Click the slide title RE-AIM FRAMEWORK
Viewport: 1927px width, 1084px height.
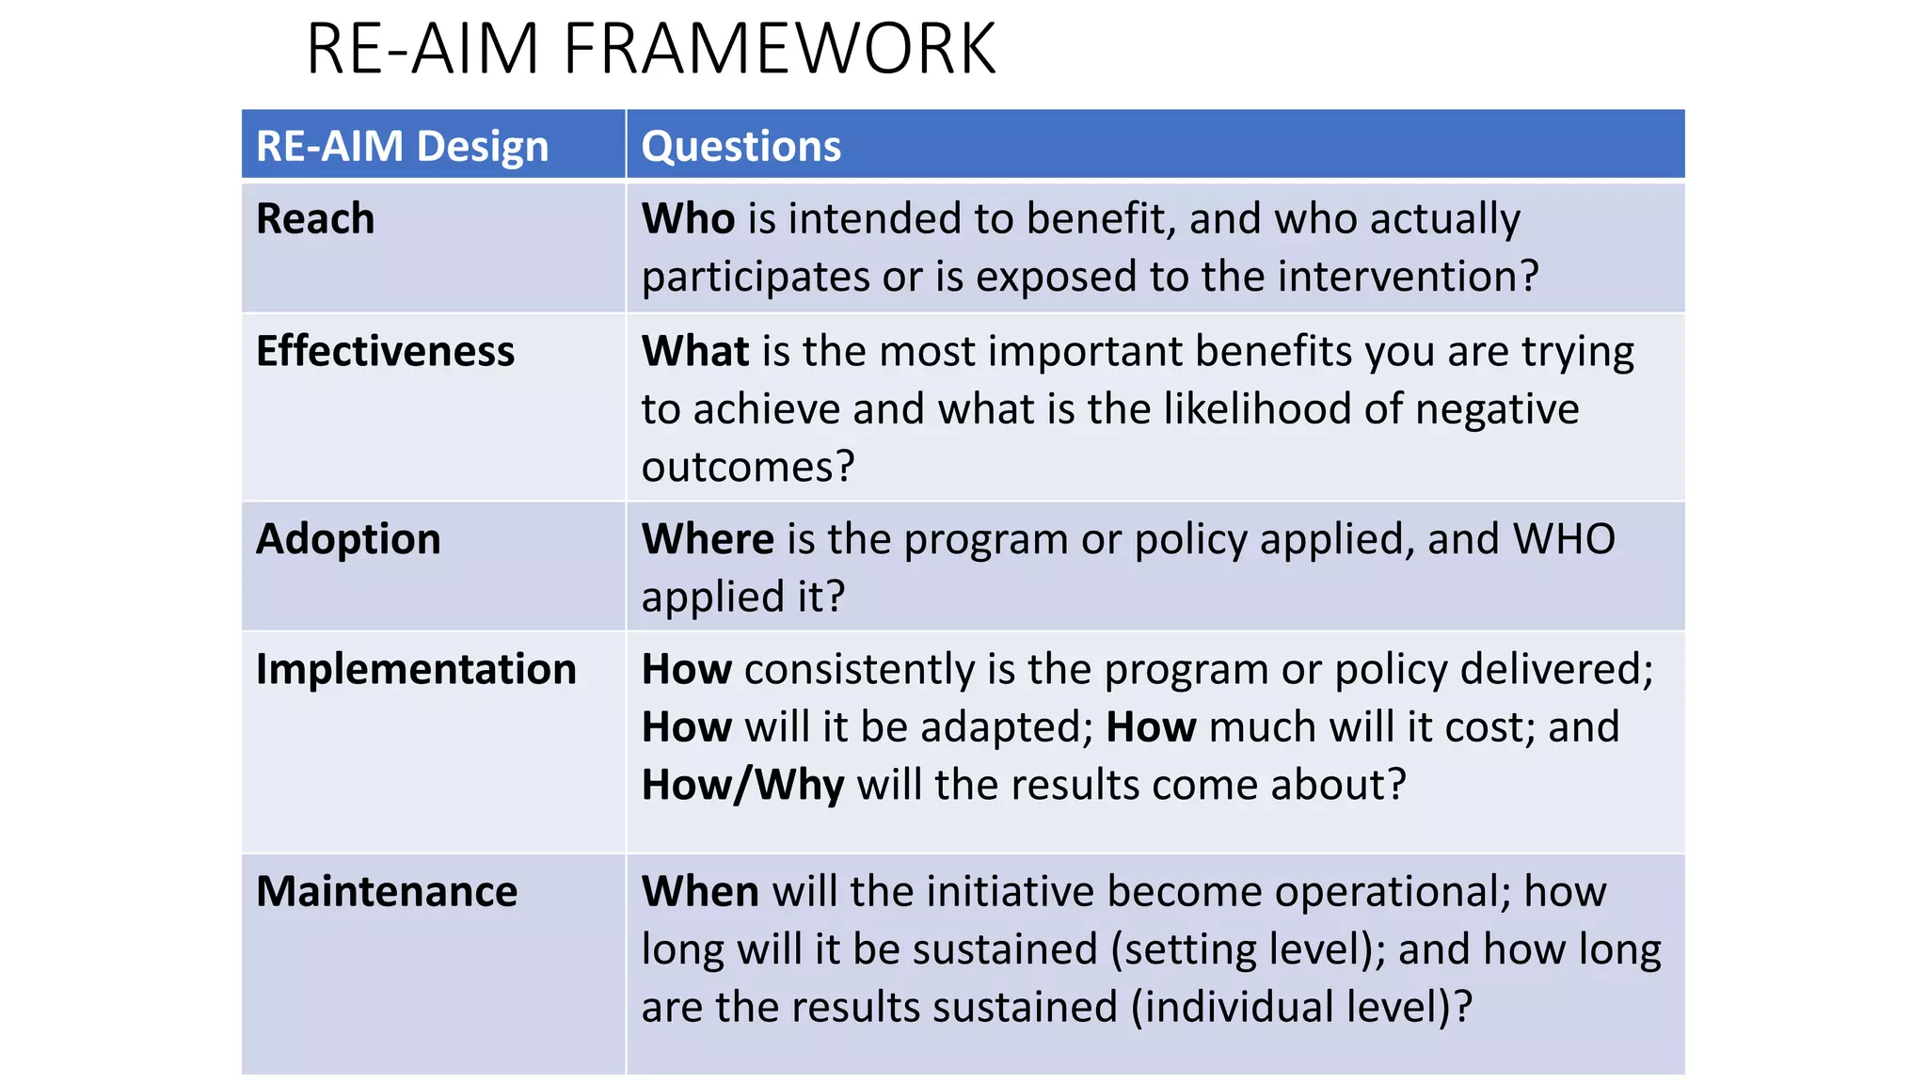pyautogui.click(x=650, y=49)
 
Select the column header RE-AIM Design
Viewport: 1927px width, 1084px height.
pyautogui.click(x=402, y=147)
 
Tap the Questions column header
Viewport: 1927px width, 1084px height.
pyautogui.click(x=741, y=147)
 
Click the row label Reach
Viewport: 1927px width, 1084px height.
pyautogui.click(x=315, y=219)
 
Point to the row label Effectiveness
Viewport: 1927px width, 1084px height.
pyautogui.click(x=385, y=351)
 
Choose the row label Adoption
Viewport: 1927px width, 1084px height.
pyautogui.click(x=348, y=539)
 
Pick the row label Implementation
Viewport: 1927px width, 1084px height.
pyautogui.click(x=416, y=669)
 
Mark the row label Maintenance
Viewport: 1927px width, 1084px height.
pyautogui.click(x=387, y=891)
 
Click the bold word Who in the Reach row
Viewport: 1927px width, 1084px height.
pyautogui.click(x=688, y=218)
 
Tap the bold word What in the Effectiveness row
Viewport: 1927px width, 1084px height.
pyautogui.click(x=695, y=351)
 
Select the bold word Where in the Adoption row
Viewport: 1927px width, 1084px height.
pyautogui.click(x=708, y=539)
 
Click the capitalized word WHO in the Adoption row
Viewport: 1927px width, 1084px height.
pyautogui.click(x=1563, y=539)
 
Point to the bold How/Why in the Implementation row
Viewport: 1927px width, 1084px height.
pyautogui.click(x=742, y=785)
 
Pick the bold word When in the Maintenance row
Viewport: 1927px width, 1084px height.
pyautogui.click(x=700, y=891)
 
